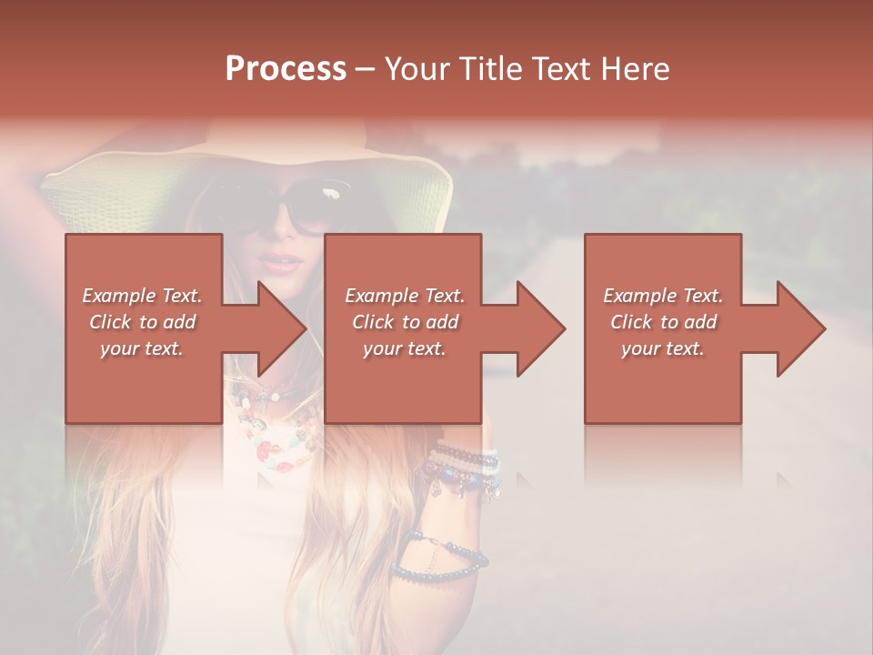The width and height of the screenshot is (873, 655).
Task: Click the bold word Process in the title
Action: click(286, 69)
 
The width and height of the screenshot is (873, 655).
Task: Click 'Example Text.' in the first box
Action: click(143, 296)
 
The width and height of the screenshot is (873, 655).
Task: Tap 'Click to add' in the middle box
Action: click(405, 322)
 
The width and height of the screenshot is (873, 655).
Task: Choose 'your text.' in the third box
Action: click(663, 348)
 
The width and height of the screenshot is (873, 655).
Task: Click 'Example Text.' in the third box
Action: click(663, 296)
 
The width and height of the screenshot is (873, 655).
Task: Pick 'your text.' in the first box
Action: click(143, 348)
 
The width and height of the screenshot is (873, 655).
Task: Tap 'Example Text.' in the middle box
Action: click(405, 296)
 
